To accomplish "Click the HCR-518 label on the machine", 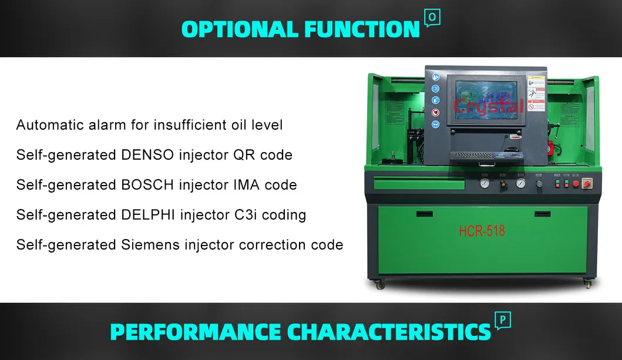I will tap(482, 231).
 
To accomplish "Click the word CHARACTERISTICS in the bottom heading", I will tap(388, 332).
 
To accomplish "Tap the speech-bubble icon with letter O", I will tap(432, 18).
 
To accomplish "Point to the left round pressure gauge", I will tap(484, 183).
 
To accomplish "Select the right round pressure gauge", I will tap(520, 183).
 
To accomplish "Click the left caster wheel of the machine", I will tap(379, 284).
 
